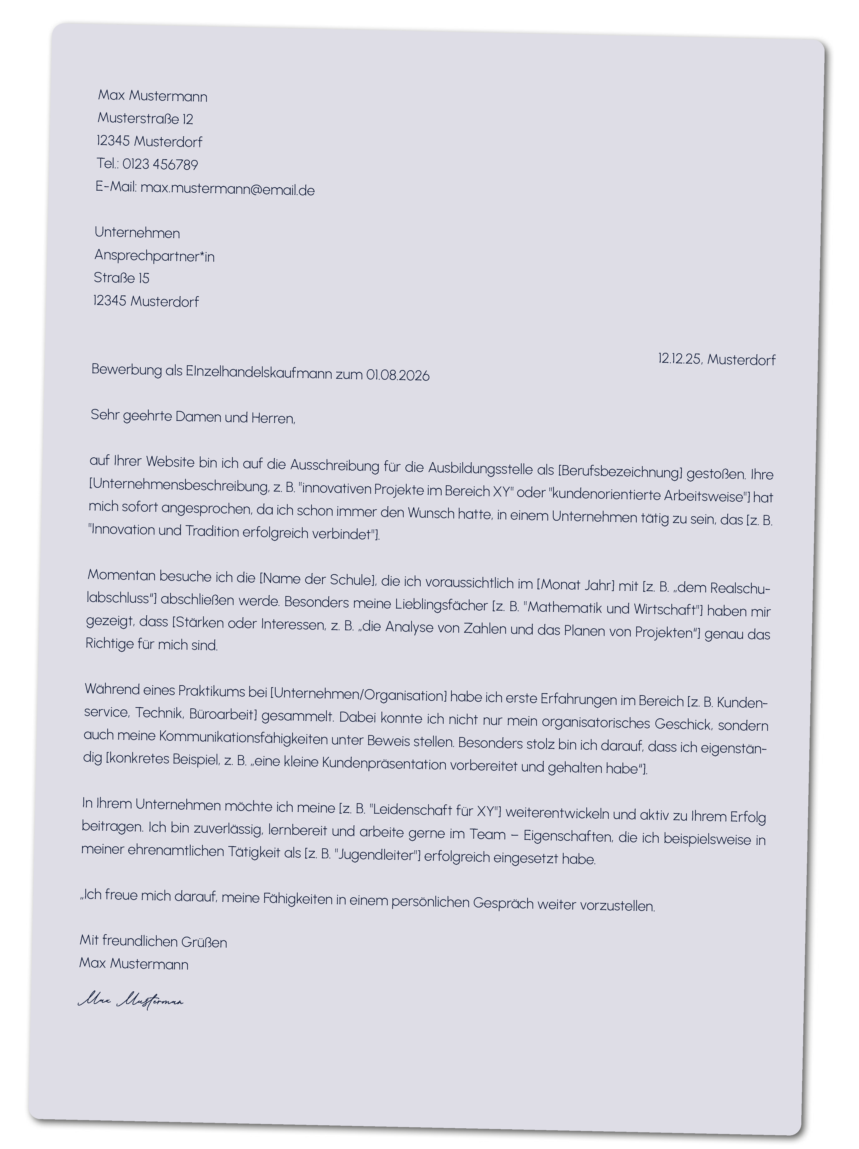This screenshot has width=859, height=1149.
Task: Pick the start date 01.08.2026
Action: point(397,375)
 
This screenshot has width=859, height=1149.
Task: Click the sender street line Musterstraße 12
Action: point(145,119)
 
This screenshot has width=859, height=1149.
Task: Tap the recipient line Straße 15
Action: point(122,278)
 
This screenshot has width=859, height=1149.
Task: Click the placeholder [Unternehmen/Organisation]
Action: point(358,694)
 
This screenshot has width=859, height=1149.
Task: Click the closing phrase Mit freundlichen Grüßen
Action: point(153,941)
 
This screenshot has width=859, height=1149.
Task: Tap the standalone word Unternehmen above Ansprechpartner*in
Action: point(137,233)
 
